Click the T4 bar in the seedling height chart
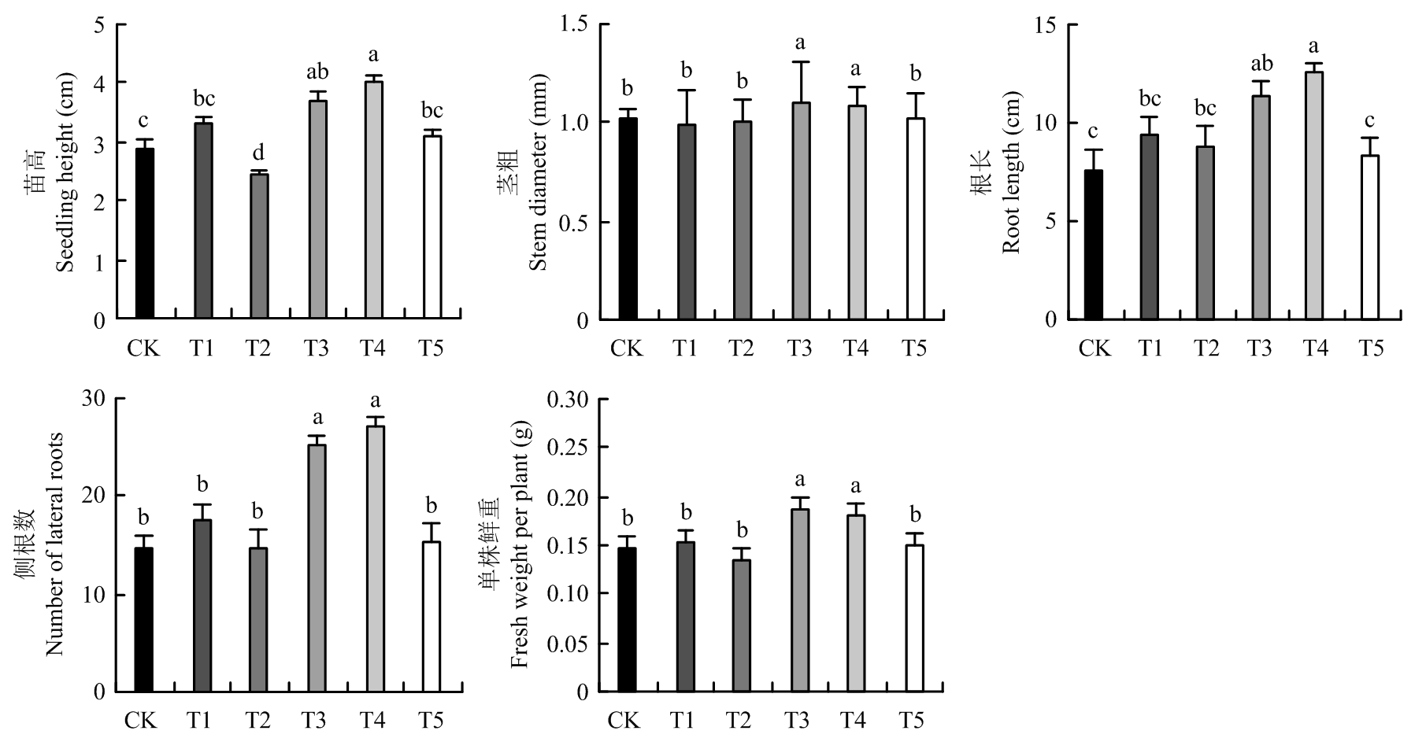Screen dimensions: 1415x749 (x=373, y=200)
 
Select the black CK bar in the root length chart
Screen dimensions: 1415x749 (x=1094, y=245)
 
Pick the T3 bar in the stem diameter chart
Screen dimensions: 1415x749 (x=800, y=211)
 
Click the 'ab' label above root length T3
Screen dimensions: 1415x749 (x=1261, y=63)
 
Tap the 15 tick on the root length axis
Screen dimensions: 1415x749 (x=1046, y=24)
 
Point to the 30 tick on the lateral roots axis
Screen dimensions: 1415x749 (x=94, y=397)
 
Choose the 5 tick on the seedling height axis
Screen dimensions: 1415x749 (x=99, y=24)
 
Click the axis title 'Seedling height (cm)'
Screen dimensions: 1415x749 (x=66, y=172)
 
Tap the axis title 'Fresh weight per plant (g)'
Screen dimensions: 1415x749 (x=520, y=544)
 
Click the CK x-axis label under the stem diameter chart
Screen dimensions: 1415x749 (x=627, y=347)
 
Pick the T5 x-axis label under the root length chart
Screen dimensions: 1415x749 (x=1372, y=347)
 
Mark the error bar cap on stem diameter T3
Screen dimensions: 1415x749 (x=800, y=62)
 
